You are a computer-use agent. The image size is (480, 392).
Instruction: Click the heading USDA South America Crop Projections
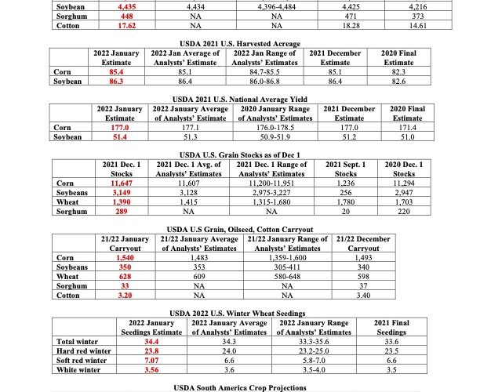click(x=239, y=387)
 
